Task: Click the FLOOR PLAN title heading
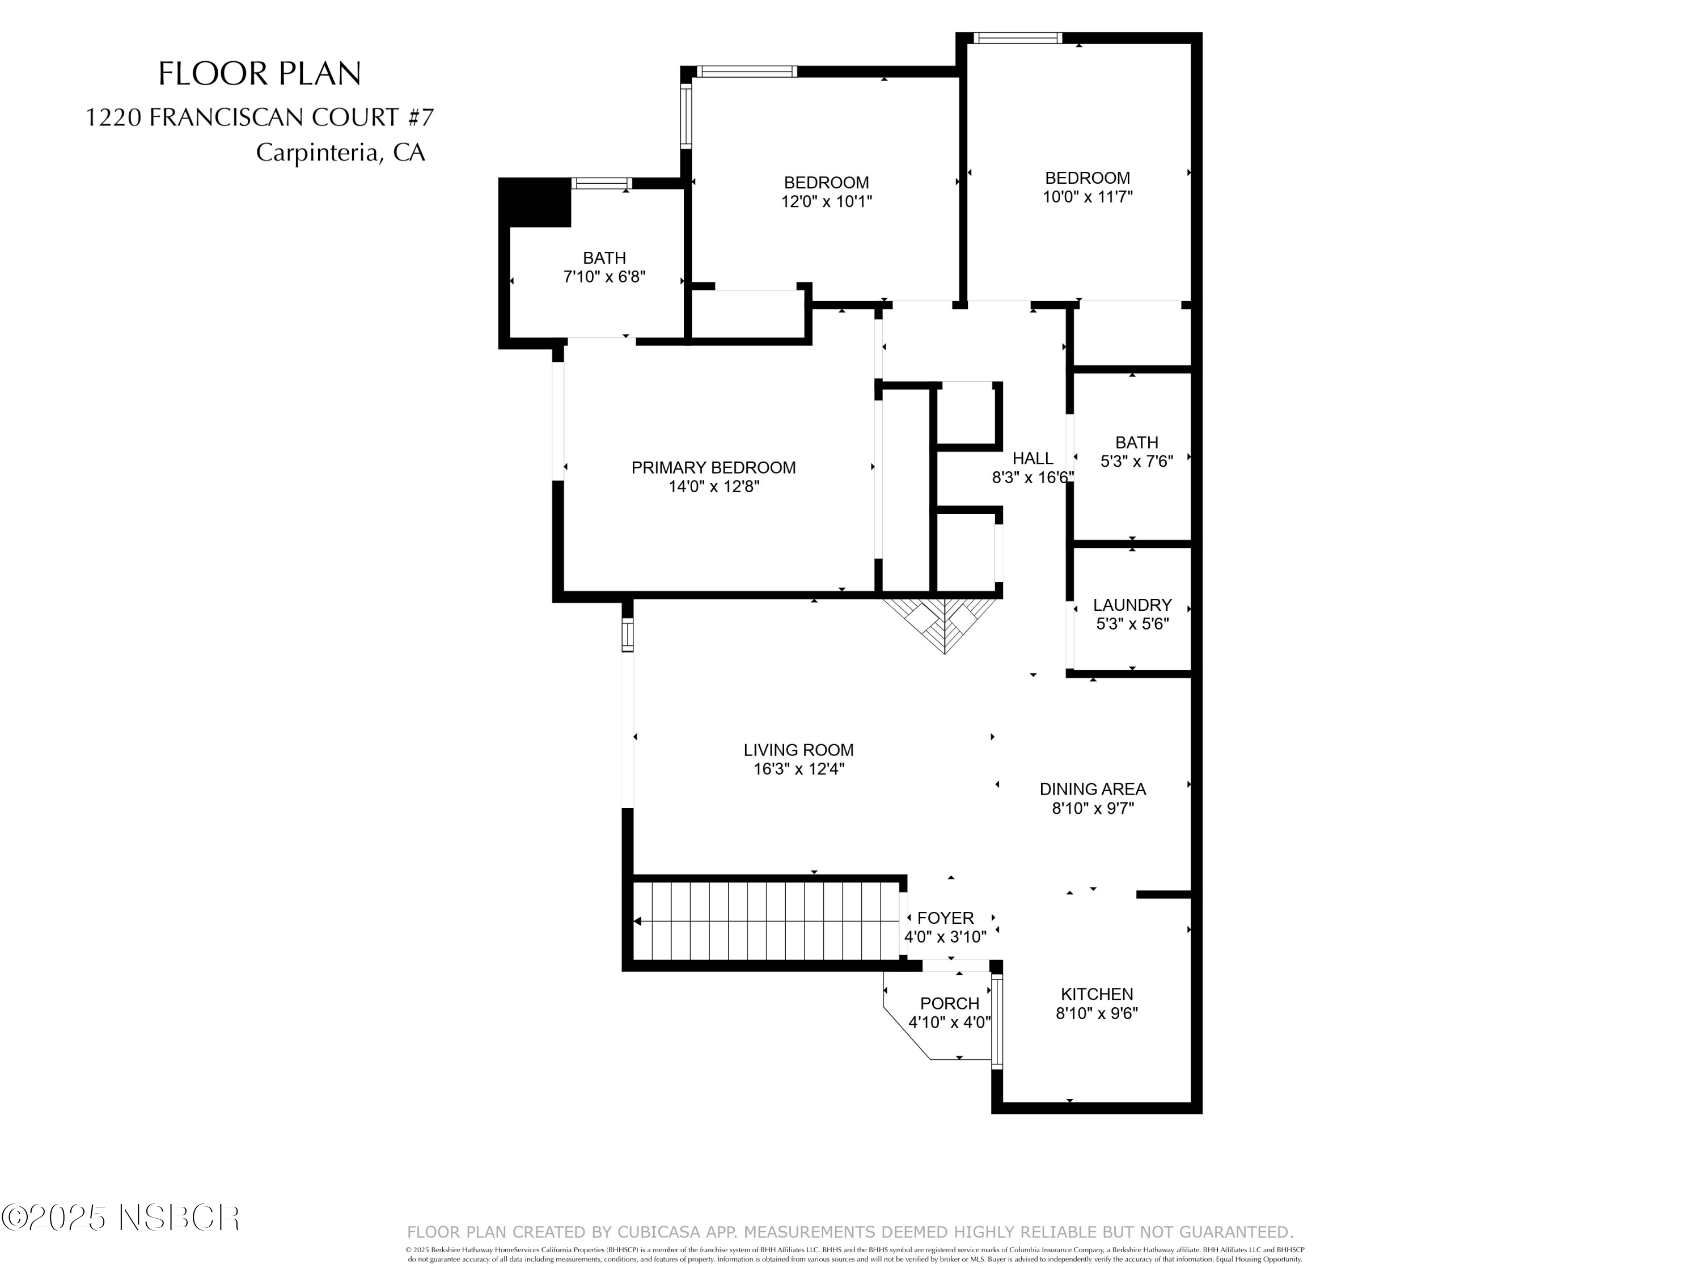[x=259, y=74]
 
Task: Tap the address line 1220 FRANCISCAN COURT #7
[x=259, y=118]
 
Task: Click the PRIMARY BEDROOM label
[x=713, y=468]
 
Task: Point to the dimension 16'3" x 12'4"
[x=798, y=769]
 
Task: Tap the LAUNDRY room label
[x=1132, y=605]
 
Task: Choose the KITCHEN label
[x=1097, y=995]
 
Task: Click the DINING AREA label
[x=1092, y=789]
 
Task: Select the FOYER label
[x=945, y=918]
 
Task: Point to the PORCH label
[x=949, y=1004]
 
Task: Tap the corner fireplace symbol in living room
[x=943, y=622]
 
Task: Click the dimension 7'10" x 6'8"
[x=604, y=277]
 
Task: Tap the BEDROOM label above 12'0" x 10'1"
[x=826, y=183]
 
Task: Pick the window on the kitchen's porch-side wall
[x=997, y=1021]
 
